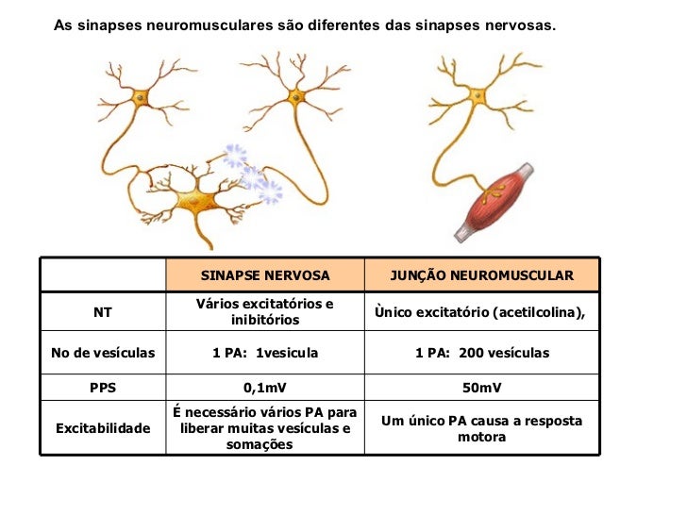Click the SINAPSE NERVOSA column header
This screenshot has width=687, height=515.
[265, 275]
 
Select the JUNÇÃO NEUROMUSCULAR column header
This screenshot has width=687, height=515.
[481, 275]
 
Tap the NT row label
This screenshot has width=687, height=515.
[102, 311]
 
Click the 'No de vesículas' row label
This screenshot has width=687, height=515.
[102, 353]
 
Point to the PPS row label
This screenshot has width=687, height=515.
[102, 388]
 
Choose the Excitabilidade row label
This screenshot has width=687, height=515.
[102, 428]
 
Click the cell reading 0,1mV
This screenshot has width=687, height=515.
[265, 388]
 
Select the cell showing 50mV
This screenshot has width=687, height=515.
[481, 388]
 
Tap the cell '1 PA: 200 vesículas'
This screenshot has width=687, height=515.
[481, 353]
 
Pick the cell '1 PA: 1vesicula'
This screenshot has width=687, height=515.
[265, 353]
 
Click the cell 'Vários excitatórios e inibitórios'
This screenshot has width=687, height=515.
[265, 311]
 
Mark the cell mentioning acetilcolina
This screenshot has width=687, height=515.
[481, 311]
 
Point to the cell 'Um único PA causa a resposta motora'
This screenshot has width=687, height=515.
[481, 428]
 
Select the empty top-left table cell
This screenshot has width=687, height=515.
[102, 275]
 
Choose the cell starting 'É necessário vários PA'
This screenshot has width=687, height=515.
[265, 428]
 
